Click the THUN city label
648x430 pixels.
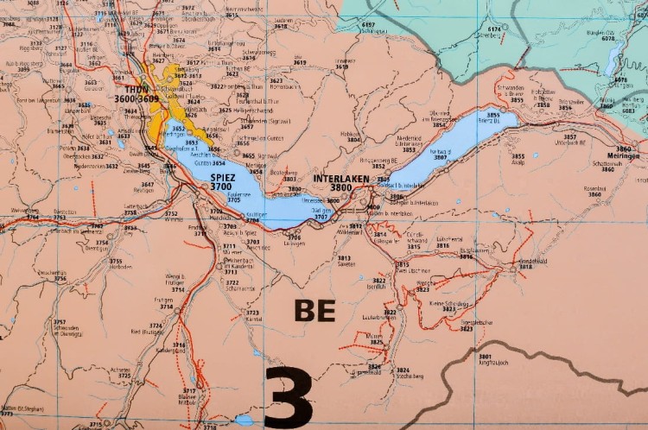137,89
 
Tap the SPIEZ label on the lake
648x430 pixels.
222,176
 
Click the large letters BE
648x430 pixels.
315,310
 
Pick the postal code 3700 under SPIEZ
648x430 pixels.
222,187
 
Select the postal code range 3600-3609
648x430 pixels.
137,99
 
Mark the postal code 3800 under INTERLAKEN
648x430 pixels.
340,187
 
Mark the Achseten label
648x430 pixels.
121,370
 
